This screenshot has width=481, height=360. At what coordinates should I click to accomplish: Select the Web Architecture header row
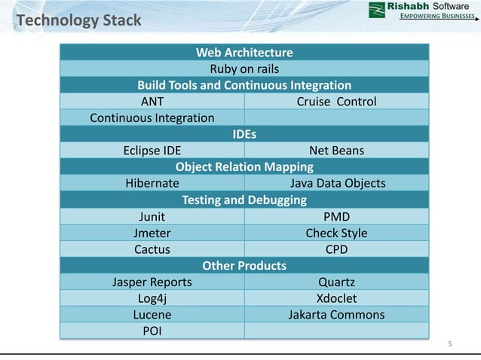click(x=244, y=52)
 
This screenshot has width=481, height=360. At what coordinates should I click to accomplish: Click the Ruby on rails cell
click(x=244, y=69)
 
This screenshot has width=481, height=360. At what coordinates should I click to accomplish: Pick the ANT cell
click(x=152, y=101)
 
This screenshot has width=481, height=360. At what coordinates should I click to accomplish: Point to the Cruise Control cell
click(x=336, y=101)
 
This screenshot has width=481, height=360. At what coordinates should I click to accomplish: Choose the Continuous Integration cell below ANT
click(x=152, y=117)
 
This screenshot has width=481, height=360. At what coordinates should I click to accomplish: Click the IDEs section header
click(x=244, y=134)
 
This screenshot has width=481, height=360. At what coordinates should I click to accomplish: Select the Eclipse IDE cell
click(x=152, y=151)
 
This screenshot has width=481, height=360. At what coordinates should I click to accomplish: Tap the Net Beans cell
click(x=336, y=151)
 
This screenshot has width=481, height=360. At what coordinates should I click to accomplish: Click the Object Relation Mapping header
click(x=244, y=166)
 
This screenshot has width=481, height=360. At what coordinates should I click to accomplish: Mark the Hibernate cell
click(x=152, y=183)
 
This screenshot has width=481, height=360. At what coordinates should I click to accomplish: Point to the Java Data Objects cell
click(x=336, y=183)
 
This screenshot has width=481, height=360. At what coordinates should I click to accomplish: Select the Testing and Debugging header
click(x=244, y=200)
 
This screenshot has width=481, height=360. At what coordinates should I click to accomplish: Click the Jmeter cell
click(x=152, y=233)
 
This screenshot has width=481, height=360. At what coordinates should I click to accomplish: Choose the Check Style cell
click(x=336, y=233)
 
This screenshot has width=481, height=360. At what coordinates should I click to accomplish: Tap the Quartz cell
click(x=336, y=282)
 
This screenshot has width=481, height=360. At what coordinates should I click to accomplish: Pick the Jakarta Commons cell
click(x=336, y=315)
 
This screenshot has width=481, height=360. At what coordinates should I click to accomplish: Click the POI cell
click(x=152, y=331)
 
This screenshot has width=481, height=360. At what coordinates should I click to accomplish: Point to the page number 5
click(x=450, y=344)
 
